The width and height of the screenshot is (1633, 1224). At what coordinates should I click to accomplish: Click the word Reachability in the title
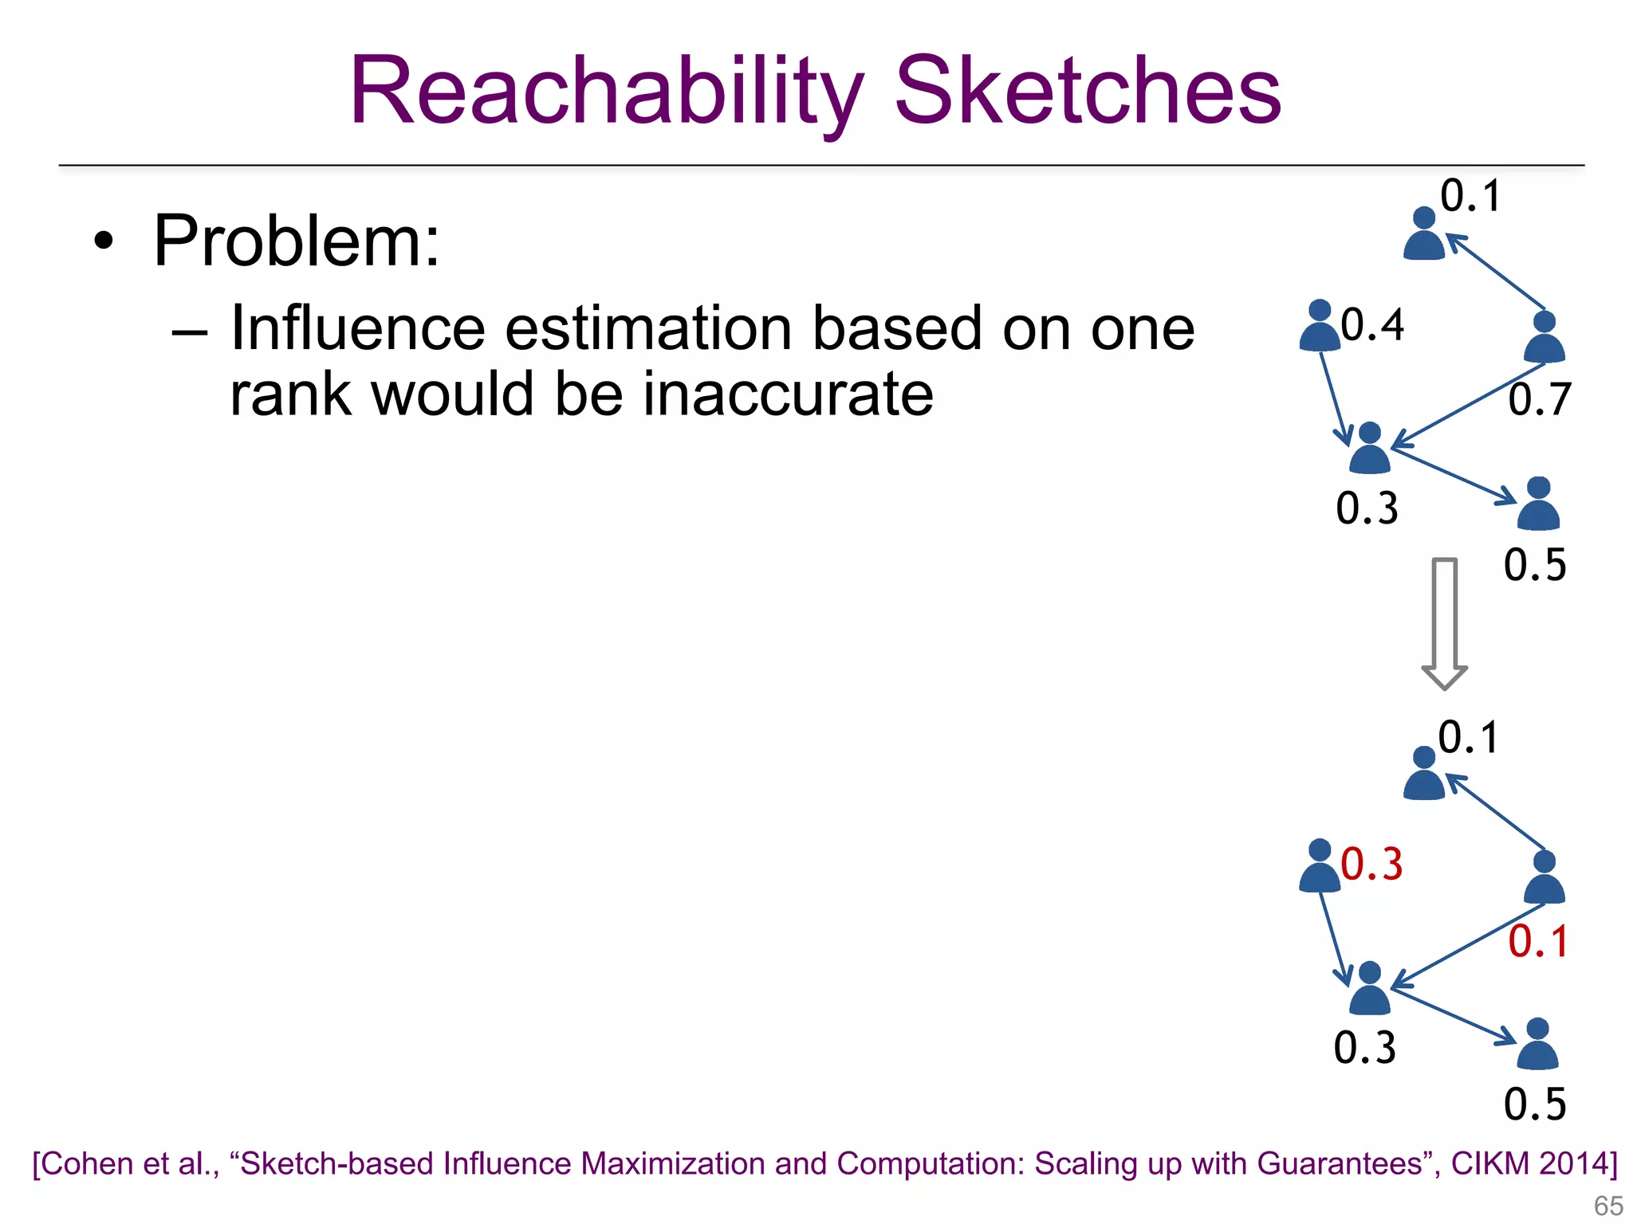coord(606,92)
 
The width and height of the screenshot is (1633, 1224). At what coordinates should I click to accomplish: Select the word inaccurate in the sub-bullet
coord(788,394)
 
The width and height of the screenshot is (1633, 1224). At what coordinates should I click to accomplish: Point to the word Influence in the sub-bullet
coord(357,328)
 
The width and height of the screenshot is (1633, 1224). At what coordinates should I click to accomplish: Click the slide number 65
coord(1607,1206)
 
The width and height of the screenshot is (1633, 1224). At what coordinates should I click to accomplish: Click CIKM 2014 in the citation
coord(1533,1163)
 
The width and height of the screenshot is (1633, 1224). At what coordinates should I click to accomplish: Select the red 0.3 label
coord(1371,865)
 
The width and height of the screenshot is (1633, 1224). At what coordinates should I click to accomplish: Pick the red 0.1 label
coord(1538,942)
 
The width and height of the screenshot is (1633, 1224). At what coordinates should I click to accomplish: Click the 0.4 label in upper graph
coord(1372,325)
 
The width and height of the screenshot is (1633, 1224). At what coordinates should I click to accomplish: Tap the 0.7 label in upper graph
coord(1540,400)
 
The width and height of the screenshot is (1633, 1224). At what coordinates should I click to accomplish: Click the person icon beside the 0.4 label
coord(1320,327)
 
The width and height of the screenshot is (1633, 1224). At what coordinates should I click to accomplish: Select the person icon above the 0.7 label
coord(1544,338)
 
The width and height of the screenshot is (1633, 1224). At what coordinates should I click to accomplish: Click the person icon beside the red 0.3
coord(1320,867)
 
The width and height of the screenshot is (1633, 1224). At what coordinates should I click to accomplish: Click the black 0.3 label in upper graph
coord(1367,508)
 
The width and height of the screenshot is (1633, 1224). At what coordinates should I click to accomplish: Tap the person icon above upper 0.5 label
coord(1538,504)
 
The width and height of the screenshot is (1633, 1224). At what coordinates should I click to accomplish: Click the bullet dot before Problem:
coord(103,241)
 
